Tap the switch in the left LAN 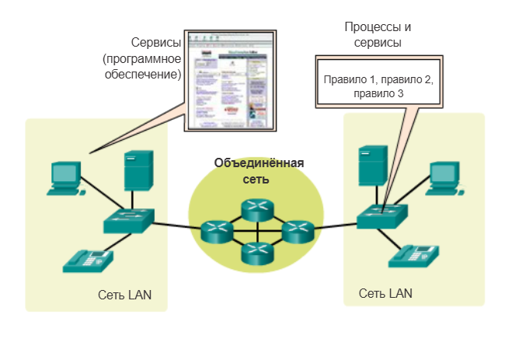coord(130,221)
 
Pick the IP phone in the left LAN coord(88,260)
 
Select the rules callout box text coord(378,87)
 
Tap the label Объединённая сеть coord(259,170)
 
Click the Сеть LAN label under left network coord(125,295)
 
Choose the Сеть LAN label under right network coord(385,293)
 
